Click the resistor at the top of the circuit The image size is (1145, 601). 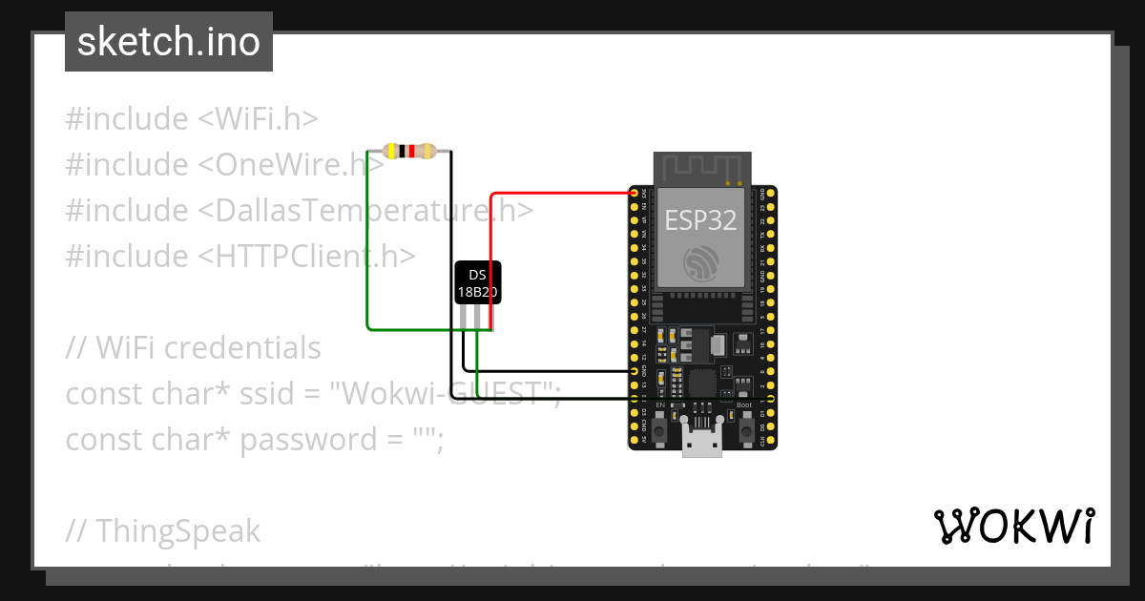point(409,151)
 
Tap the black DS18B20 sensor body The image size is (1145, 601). point(477,283)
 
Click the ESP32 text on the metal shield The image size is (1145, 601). point(700,220)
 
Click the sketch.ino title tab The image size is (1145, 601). point(169,43)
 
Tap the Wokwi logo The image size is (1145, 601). point(1013,526)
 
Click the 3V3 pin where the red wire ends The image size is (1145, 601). point(635,194)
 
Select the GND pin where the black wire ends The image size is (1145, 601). point(635,370)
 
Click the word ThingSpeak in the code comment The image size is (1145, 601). point(177,530)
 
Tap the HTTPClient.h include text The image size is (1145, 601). point(307,257)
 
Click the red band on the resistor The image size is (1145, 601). point(411,151)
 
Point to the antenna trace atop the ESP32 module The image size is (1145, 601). point(701,168)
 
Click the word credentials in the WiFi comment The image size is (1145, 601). point(243,348)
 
